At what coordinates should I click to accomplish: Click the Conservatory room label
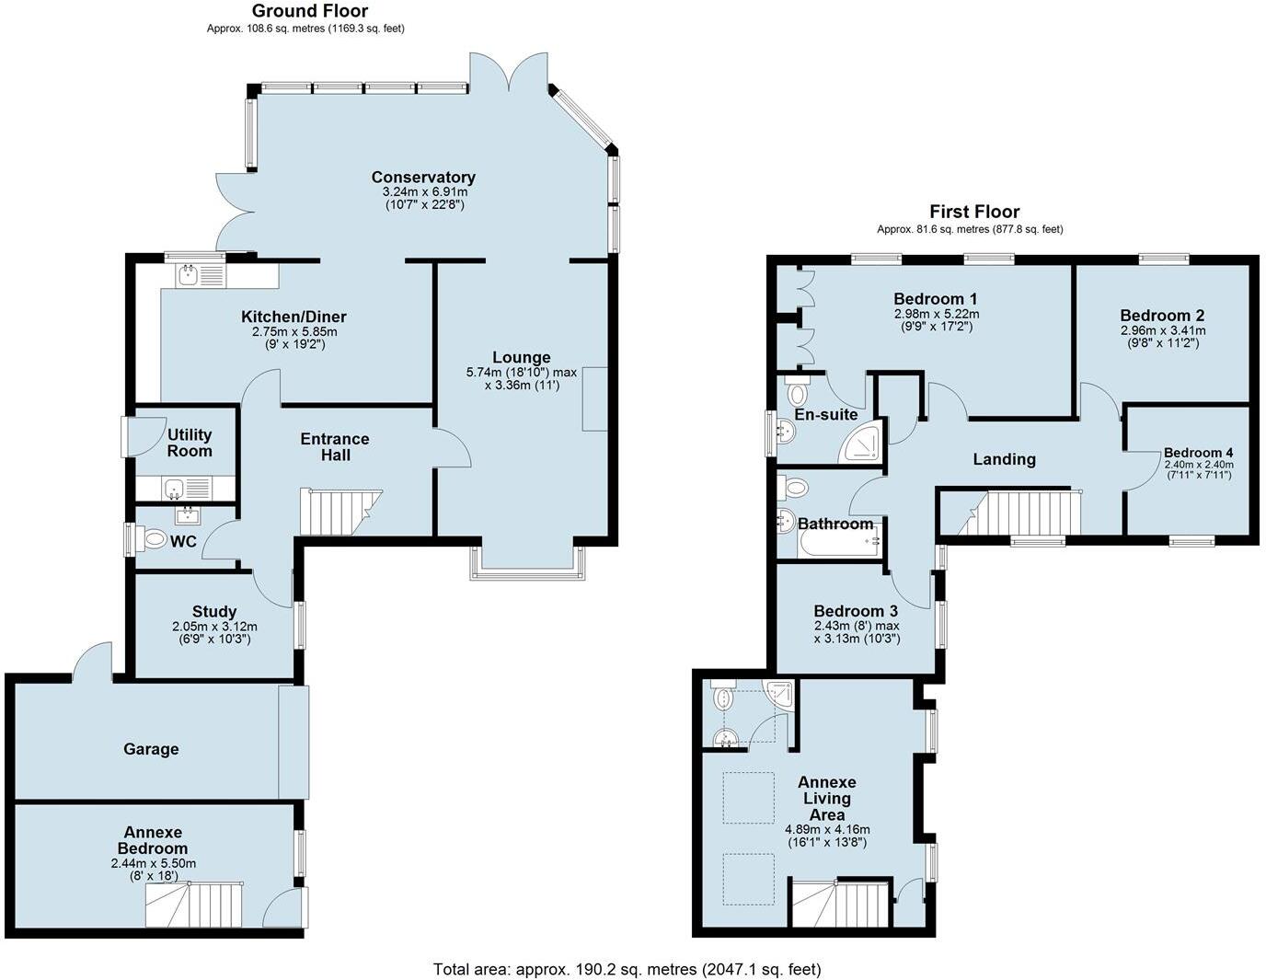[423, 178]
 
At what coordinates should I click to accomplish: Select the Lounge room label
[521, 358]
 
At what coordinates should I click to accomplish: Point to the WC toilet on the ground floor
[154, 540]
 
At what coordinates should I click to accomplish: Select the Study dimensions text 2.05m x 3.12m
[214, 627]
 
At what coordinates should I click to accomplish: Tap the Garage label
[151, 749]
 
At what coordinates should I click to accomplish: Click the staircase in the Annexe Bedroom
[194, 905]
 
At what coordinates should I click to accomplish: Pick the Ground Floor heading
[309, 11]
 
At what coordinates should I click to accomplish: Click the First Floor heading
[974, 212]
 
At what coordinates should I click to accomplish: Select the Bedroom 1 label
[935, 299]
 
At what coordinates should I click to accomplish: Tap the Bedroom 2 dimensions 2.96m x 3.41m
[1163, 330]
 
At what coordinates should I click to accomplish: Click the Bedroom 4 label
[1198, 453]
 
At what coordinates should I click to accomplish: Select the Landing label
[1004, 459]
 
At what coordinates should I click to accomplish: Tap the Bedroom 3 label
[856, 611]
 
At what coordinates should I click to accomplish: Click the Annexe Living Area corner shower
[779, 696]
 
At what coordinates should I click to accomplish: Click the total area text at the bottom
[627, 969]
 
